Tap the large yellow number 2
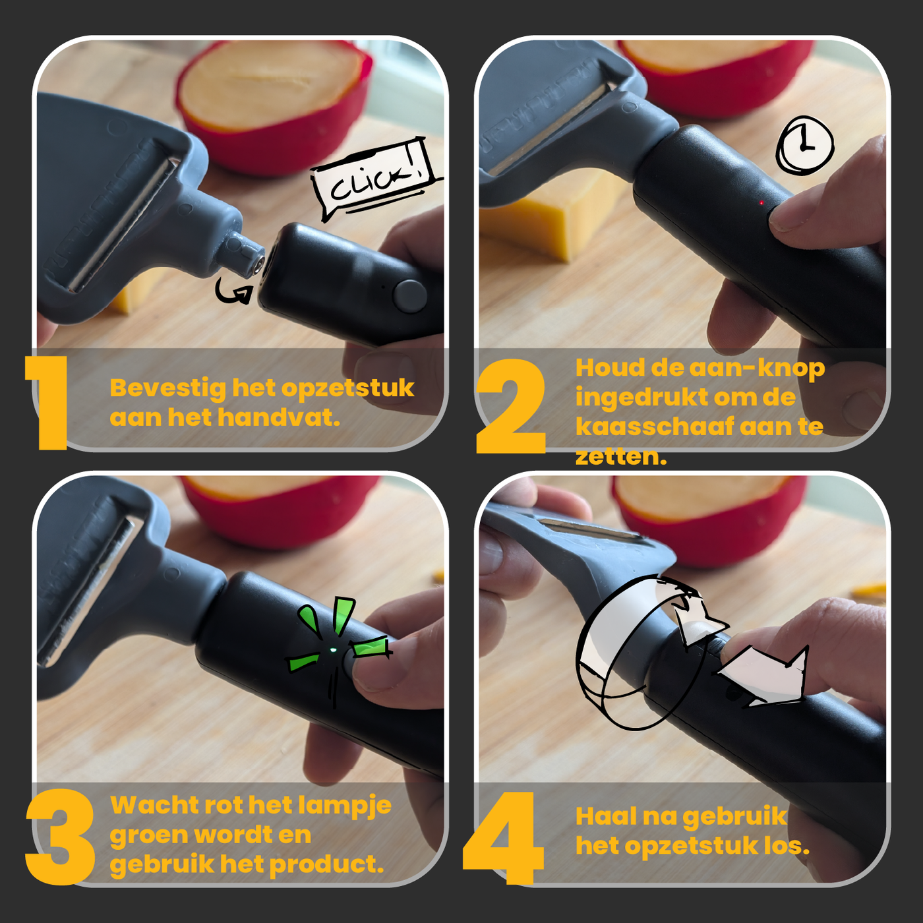510,405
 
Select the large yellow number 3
60,837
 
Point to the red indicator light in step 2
761,203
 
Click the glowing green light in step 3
334,650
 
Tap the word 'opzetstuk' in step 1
347,388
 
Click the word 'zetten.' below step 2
621,456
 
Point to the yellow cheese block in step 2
551,218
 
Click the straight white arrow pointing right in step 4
761,676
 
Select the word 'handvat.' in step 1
280,418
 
